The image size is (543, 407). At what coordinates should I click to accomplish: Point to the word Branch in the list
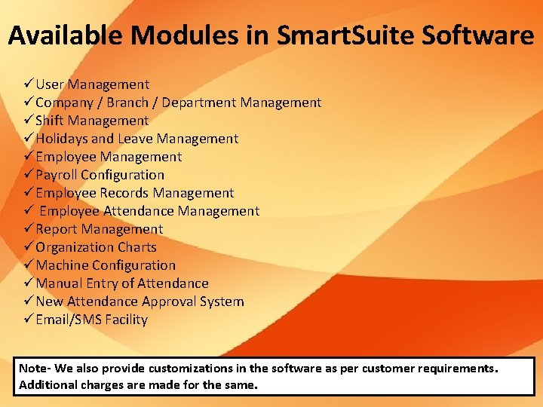(x=128, y=103)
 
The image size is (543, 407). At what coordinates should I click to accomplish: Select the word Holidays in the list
(x=63, y=139)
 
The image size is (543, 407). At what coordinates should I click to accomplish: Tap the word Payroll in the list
(x=57, y=175)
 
